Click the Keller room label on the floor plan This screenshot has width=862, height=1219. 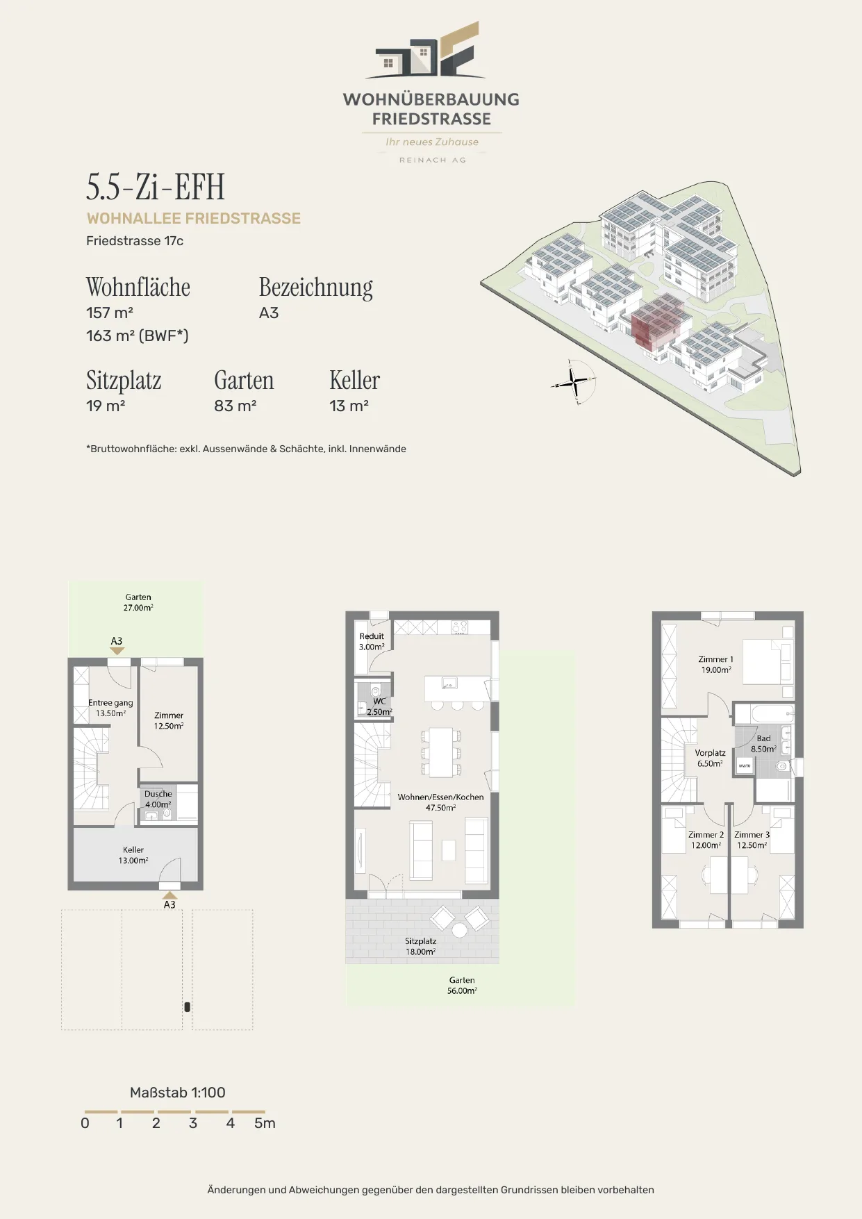point(133,855)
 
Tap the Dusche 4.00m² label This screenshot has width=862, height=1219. point(158,799)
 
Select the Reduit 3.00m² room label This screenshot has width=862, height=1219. point(372,641)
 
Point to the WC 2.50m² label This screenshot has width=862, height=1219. point(379,706)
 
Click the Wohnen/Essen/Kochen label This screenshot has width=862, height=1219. point(440,802)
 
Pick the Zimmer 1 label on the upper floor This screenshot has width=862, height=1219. point(715,665)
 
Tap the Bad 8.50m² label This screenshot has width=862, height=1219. point(763,744)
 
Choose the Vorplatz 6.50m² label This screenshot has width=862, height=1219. point(710,758)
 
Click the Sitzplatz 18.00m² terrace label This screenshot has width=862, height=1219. point(421,946)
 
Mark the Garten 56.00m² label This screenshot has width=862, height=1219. point(462,986)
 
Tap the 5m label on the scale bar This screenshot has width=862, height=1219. point(265,1123)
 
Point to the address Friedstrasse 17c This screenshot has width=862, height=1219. point(135,241)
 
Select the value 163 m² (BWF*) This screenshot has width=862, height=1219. point(138,335)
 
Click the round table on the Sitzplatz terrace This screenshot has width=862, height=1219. point(460,930)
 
